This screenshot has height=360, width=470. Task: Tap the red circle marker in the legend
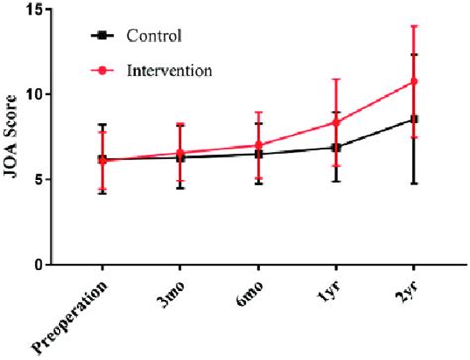100,70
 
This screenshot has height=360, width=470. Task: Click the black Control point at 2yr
414,119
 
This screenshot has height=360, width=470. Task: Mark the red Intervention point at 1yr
336,122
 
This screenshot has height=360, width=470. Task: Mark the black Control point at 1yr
336,147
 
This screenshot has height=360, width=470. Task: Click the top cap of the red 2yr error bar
414,26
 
